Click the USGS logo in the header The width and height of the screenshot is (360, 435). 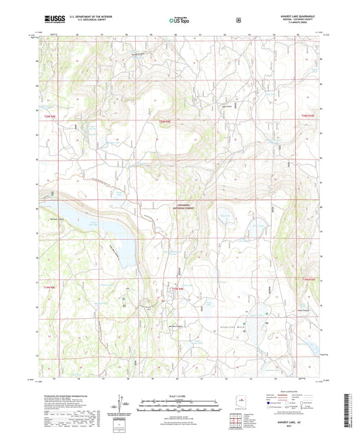51,20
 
